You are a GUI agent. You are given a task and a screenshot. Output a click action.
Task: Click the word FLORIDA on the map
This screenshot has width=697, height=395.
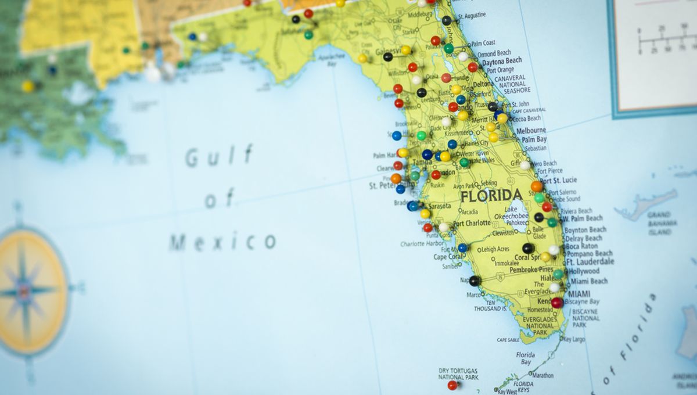coord(491,196)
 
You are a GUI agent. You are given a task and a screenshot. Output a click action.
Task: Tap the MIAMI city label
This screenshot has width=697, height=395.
coord(580,293)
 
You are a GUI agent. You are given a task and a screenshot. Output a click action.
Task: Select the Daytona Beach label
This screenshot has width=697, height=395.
coord(502,61)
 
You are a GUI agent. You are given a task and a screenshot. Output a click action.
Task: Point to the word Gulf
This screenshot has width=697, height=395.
coord(219,156)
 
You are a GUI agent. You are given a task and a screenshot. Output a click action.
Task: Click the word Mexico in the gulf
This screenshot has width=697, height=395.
coord(222,241)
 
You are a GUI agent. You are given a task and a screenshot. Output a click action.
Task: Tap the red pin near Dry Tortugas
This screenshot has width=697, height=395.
coord(452,385)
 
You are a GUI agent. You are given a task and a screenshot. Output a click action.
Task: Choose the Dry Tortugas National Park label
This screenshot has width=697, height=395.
coord(458,374)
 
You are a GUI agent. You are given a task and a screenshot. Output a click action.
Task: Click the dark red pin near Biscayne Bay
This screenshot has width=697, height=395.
coord(557,303)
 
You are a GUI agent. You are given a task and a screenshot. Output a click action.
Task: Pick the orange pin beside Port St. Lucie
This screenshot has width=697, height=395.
coord(536,186)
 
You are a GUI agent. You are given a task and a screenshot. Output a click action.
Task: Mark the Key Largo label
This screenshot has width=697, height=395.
coord(574,339)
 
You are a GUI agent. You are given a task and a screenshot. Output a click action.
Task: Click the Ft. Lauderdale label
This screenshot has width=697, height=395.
coord(590,262)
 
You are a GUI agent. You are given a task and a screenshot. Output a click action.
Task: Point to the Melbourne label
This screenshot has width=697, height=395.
coord(531,131)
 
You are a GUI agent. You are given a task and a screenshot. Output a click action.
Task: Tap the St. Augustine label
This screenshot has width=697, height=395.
coord(472,16)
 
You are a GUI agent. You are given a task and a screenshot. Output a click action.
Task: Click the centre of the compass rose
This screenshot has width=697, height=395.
coord(25,290)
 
